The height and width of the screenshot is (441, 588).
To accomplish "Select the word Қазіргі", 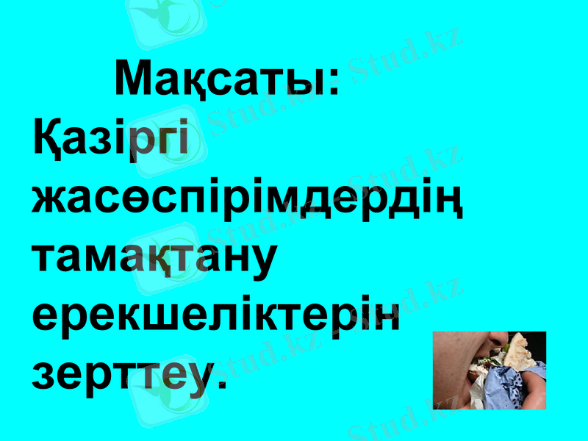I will pyautogui.click(x=110, y=140).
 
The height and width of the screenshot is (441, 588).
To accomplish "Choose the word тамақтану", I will pyautogui.click(x=154, y=259).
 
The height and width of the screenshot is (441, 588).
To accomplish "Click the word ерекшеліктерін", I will pyautogui.click(x=217, y=318).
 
